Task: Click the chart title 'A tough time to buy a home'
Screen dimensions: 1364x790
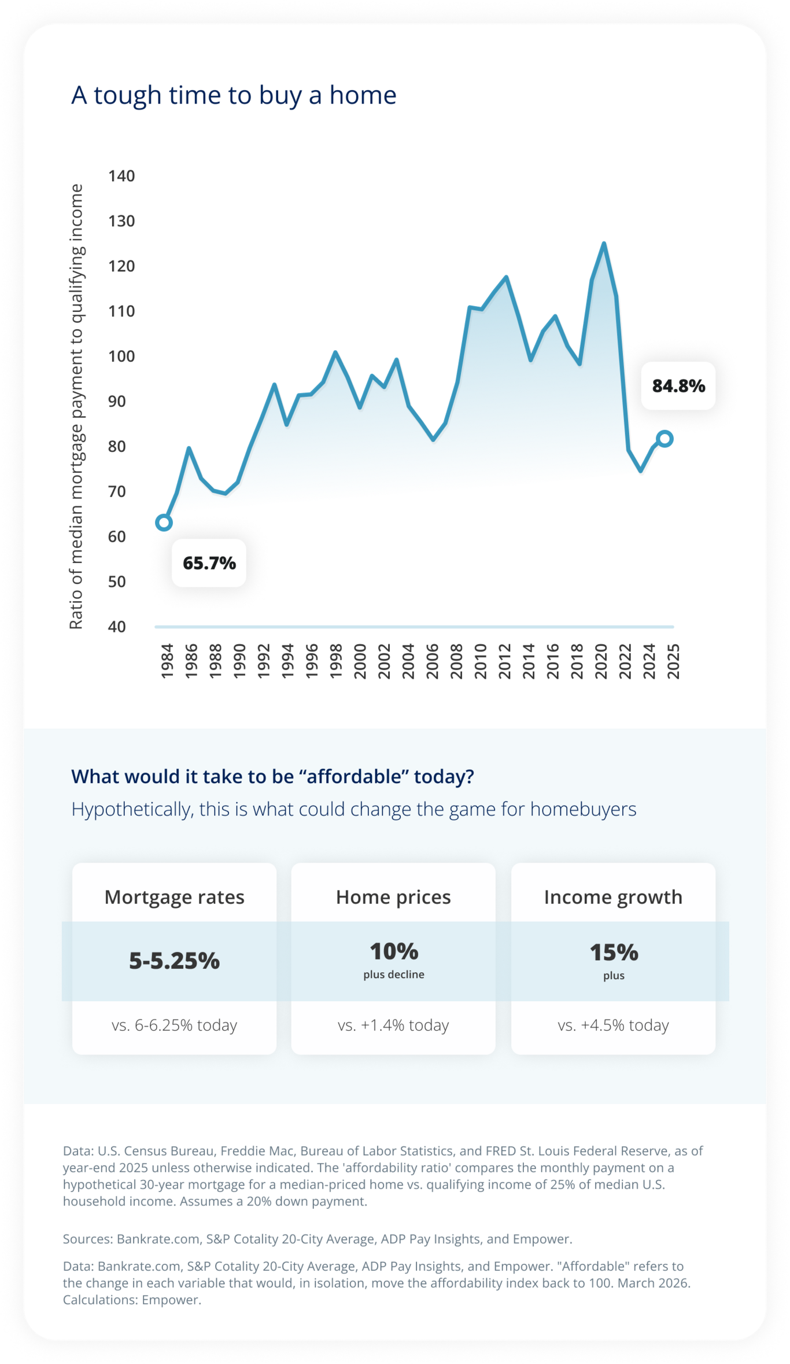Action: pyautogui.click(x=234, y=95)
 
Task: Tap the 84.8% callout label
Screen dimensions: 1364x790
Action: pyautogui.click(x=678, y=386)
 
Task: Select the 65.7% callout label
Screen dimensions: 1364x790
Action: pyautogui.click(x=209, y=563)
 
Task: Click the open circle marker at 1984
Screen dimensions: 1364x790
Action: pyautogui.click(x=164, y=523)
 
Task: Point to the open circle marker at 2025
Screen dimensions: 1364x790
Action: pyautogui.click(x=665, y=439)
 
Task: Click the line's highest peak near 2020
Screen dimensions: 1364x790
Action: pyautogui.click(x=604, y=244)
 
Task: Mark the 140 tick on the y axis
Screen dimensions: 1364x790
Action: pyautogui.click(x=121, y=176)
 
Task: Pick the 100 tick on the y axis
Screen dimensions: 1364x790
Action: pyautogui.click(x=121, y=356)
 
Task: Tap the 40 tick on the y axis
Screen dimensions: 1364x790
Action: pyautogui.click(x=117, y=627)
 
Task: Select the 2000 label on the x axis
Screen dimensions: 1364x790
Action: pyautogui.click(x=360, y=661)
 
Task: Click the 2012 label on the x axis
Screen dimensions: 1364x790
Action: pyautogui.click(x=504, y=661)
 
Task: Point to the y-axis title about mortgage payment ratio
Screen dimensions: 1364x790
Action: pyautogui.click(x=76, y=406)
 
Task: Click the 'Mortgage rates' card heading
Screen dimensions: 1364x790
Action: pyautogui.click(x=174, y=897)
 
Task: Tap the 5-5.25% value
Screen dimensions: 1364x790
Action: pyautogui.click(x=174, y=961)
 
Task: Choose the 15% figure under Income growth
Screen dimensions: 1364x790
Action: pyautogui.click(x=614, y=953)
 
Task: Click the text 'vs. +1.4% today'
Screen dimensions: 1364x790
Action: pyautogui.click(x=393, y=1025)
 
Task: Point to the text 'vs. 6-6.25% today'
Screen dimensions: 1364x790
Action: pyautogui.click(x=174, y=1025)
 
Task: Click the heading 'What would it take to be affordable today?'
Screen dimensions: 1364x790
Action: pyautogui.click(x=272, y=777)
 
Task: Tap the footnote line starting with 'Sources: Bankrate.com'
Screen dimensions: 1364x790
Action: pyautogui.click(x=318, y=1239)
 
